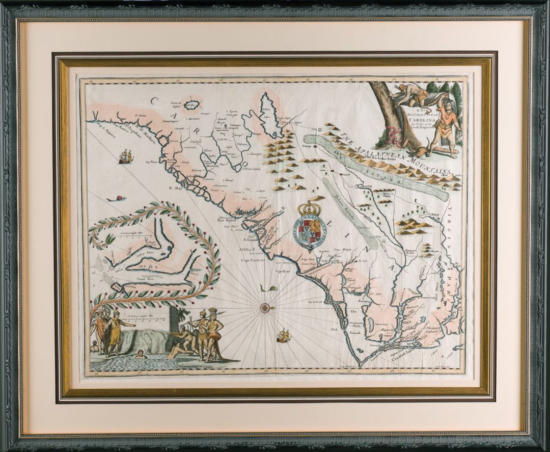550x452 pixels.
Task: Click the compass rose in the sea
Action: (x=265, y=307)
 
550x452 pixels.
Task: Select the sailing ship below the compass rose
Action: (x=283, y=335)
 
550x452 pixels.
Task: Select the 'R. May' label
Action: (x=176, y=188)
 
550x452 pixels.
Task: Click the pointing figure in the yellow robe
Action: (x=116, y=330)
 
